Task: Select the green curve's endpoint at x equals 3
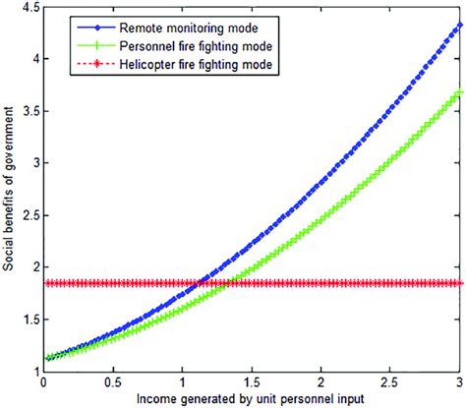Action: tap(459, 93)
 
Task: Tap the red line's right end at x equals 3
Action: tap(459, 283)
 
